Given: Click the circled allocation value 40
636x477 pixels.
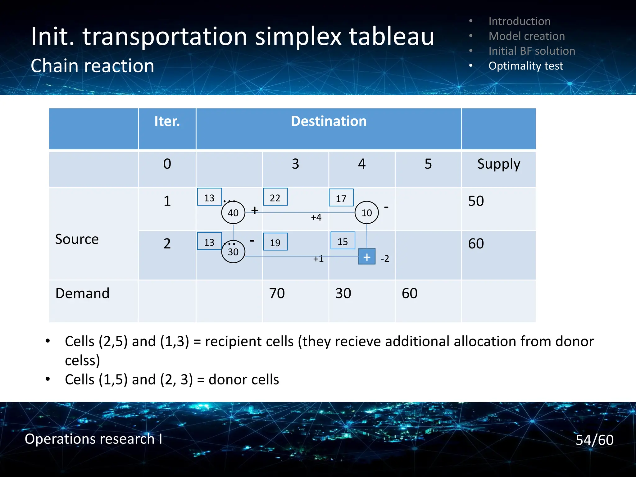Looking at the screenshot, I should pyautogui.click(x=233, y=213).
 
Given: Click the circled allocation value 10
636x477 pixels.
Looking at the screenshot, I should pyautogui.click(x=366, y=213).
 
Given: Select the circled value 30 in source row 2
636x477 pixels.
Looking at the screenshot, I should pyautogui.click(x=233, y=252).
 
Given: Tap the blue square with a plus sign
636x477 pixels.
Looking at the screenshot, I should pyautogui.click(x=367, y=257).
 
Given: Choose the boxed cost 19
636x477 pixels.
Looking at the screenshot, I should pyautogui.click(x=275, y=242).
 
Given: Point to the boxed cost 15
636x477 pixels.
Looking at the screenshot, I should pyautogui.click(x=343, y=241).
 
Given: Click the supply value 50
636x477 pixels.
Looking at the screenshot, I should pyautogui.click(x=476, y=201).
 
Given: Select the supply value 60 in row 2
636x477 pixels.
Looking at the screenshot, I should pyautogui.click(x=476, y=243).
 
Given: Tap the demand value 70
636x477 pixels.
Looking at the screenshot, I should pyautogui.click(x=277, y=293).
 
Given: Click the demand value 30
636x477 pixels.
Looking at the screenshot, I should pyautogui.click(x=343, y=293).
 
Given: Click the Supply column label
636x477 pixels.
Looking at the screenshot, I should pyautogui.click(x=498, y=164).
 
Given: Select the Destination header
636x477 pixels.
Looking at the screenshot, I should pyautogui.click(x=329, y=121).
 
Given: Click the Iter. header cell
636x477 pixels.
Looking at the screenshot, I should pyautogui.click(x=167, y=121).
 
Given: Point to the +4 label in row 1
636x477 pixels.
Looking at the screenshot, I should pyautogui.click(x=316, y=217).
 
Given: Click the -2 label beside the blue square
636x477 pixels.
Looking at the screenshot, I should pyautogui.click(x=385, y=258).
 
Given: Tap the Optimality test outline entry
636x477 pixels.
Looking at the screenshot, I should pyautogui.click(x=525, y=66).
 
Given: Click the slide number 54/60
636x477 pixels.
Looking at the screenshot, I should pyautogui.click(x=594, y=440).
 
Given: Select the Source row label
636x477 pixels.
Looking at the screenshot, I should pyautogui.click(x=77, y=239).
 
